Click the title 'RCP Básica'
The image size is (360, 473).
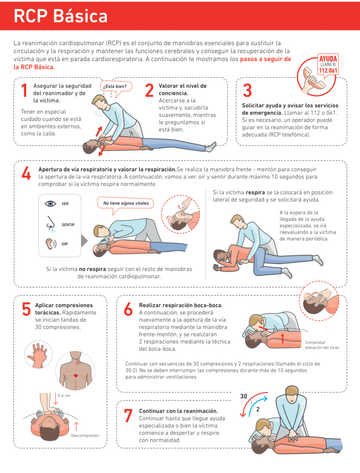(x=61, y=16)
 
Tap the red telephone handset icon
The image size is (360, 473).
(x=314, y=79)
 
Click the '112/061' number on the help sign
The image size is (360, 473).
(x=328, y=71)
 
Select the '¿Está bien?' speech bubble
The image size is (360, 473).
(x=116, y=86)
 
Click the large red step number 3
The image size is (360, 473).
(x=247, y=90)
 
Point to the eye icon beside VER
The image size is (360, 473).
(x=50, y=204)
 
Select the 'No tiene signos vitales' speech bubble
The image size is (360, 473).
(x=126, y=203)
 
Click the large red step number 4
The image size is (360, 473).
(x=26, y=173)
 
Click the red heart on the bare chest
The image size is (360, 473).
(x=75, y=376)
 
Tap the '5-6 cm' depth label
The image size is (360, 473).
(x=64, y=395)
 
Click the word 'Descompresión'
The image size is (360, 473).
(x=85, y=435)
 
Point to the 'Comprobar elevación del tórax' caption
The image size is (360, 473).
(x=322, y=345)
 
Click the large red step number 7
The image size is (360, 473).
(x=128, y=415)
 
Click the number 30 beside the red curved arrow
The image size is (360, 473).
(x=244, y=396)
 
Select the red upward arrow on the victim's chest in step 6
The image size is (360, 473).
(x=283, y=338)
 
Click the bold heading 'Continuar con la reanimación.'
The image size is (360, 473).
(x=178, y=411)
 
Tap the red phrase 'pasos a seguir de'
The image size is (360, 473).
(x=266, y=59)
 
